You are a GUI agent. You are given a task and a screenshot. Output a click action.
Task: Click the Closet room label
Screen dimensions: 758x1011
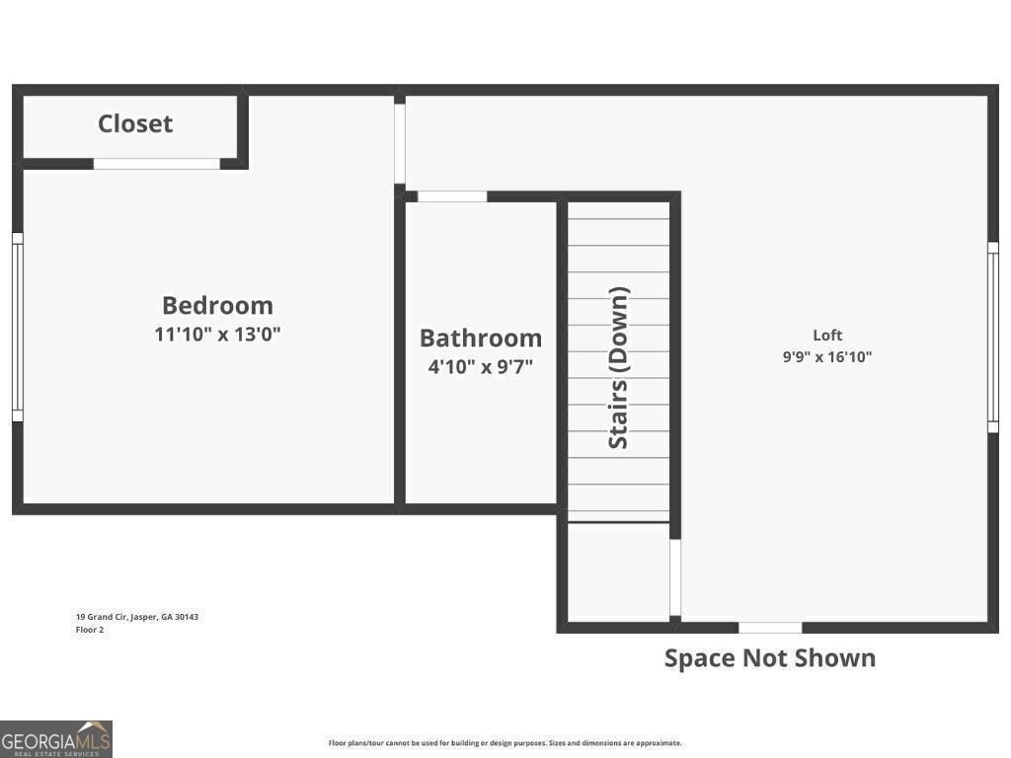click(x=135, y=123)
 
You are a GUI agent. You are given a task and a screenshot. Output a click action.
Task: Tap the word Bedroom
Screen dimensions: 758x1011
click(x=217, y=305)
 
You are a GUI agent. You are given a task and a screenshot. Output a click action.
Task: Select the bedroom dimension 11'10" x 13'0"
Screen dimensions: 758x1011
click(x=217, y=335)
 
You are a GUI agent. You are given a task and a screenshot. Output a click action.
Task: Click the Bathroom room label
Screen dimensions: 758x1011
click(x=481, y=338)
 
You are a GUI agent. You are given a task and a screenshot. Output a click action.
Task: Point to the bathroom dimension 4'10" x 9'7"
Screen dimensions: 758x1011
click(x=481, y=367)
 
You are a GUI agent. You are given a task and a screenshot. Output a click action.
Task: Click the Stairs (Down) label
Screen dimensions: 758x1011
click(x=619, y=368)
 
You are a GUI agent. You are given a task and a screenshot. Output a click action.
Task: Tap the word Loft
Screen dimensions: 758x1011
click(x=827, y=336)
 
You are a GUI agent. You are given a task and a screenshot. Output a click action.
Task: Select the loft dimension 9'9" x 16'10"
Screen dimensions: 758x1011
click(x=827, y=357)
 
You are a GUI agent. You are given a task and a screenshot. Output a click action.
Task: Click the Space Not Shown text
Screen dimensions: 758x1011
click(x=769, y=658)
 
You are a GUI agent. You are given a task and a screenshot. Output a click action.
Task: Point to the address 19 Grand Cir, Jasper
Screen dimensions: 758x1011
click(x=137, y=617)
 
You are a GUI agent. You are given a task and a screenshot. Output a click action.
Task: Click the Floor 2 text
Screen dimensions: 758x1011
click(x=90, y=630)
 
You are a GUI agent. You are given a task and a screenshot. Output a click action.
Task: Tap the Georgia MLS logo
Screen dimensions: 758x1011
click(x=56, y=738)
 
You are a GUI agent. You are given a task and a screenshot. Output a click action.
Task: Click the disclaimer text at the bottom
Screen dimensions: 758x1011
click(x=505, y=743)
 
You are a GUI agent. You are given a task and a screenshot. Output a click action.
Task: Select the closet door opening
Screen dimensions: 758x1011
click(x=157, y=164)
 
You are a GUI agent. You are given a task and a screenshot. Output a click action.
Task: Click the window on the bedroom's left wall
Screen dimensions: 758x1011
click(x=17, y=327)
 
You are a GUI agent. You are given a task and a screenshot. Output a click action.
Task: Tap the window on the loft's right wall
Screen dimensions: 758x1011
click(x=993, y=337)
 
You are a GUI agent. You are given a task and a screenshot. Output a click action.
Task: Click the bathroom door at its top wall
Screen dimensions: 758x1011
click(x=452, y=196)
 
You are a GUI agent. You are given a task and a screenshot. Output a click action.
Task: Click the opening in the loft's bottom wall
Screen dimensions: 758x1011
click(x=770, y=628)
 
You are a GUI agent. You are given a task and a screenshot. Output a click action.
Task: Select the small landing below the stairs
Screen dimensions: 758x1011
click(x=618, y=572)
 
